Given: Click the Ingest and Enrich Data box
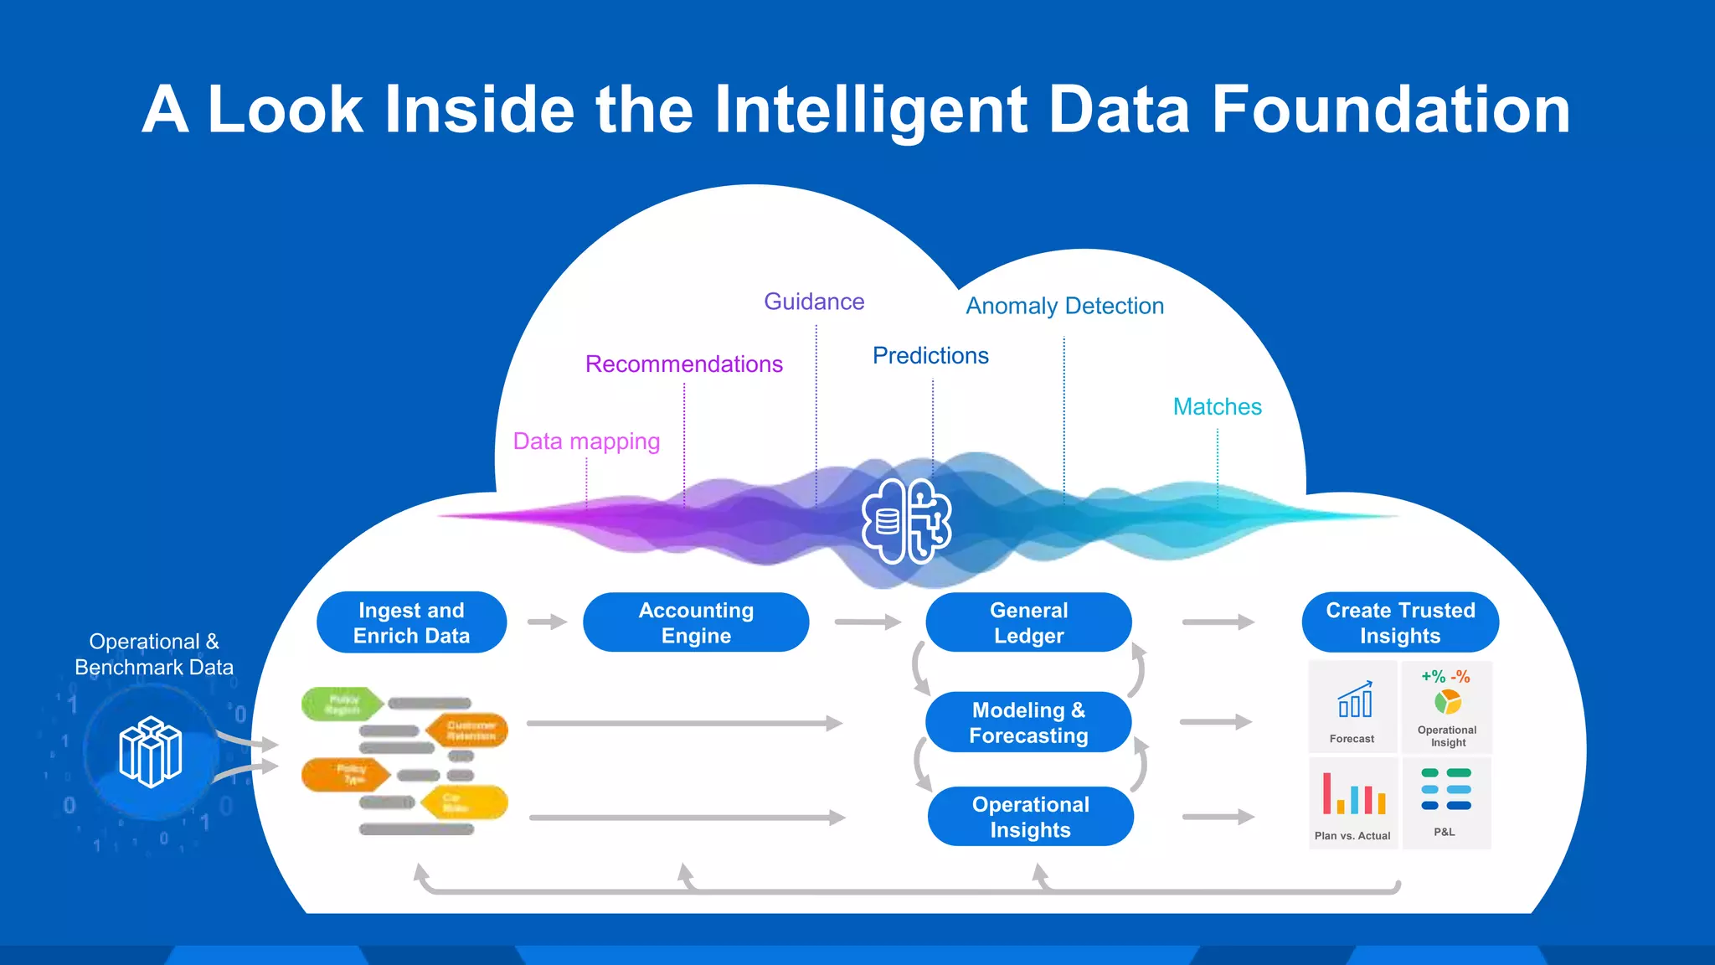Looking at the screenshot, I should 411,622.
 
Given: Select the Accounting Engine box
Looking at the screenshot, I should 696,622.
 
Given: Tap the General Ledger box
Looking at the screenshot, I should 1028,622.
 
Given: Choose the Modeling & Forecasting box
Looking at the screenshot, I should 1028,722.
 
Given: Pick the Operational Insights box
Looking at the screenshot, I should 1030,817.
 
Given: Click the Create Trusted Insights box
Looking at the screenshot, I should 1400,622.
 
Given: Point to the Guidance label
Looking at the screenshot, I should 814,302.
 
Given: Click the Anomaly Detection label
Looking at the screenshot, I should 1064,306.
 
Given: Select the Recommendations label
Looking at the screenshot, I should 683,364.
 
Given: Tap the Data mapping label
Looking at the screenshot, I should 586,441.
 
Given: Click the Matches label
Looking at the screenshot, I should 1217,406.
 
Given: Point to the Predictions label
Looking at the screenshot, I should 930,355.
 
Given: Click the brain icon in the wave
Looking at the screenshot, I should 907,521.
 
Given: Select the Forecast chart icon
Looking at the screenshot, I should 1354,700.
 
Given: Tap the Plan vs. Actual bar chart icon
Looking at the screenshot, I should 1353,794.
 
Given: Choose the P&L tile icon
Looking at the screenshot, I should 1446,789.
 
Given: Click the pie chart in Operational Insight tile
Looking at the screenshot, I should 1447,701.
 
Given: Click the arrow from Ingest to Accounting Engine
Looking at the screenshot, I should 547,622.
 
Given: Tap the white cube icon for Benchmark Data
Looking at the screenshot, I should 151,751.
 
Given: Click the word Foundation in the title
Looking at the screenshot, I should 1390,110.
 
